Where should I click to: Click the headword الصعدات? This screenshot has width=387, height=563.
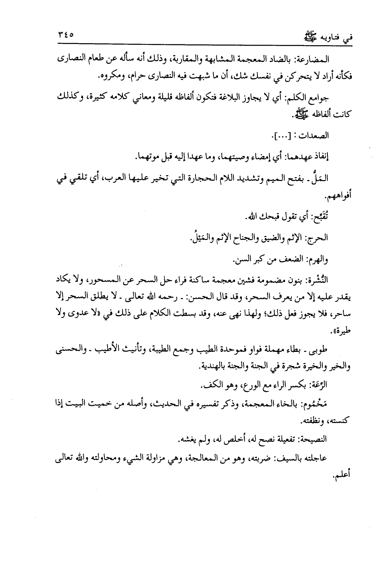coord(315,136)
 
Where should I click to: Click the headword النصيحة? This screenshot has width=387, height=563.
coord(312,440)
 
